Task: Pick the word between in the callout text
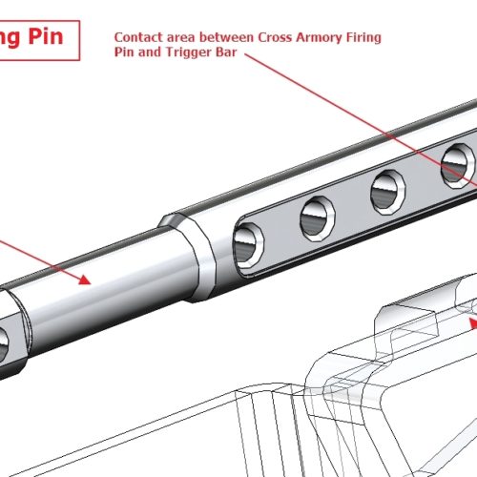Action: pyautogui.click(x=211, y=37)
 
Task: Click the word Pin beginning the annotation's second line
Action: pyautogui.click(x=125, y=52)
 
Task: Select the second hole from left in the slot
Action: pyautogui.click(x=316, y=218)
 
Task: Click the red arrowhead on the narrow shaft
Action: pyautogui.click(x=83, y=280)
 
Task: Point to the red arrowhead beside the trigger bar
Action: pyautogui.click(x=470, y=322)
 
